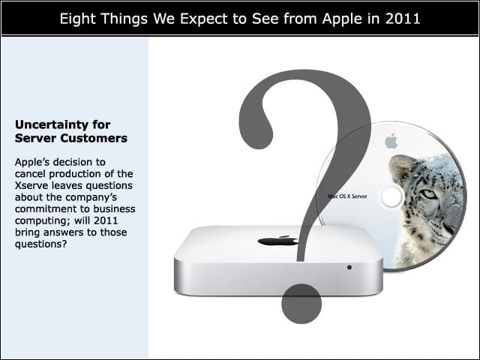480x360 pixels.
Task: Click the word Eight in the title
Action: (x=78, y=19)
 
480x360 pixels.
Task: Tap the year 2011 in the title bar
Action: (x=403, y=19)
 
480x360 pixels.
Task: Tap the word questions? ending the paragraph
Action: (x=40, y=244)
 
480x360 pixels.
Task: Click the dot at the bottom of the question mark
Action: (x=301, y=303)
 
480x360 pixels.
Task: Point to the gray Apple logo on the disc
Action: (x=391, y=141)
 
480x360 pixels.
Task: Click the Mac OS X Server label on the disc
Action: (x=347, y=196)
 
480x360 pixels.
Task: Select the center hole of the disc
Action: (x=391, y=196)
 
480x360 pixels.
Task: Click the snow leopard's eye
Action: (x=429, y=194)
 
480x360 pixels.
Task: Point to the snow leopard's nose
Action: (x=450, y=229)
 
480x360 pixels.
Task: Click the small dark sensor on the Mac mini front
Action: (x=349, y=267)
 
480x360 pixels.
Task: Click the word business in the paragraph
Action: (x=114, y=208)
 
